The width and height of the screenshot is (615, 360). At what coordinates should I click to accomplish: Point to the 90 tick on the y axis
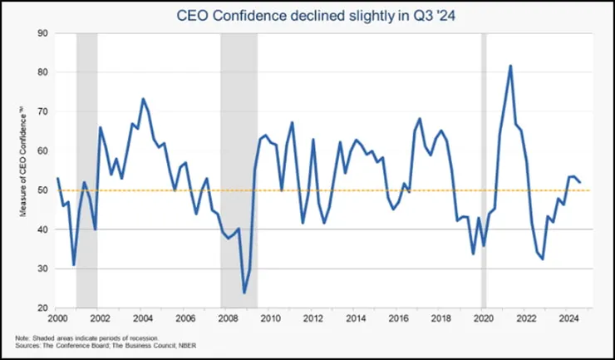click(x=42, y=33)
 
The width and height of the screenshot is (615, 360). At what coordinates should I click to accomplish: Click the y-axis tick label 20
click(x=42, y=308)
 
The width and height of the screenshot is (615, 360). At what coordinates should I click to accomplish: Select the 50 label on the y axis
click(x=42, y=190)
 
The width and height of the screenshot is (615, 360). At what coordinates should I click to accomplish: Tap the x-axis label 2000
click(x=57, y=319)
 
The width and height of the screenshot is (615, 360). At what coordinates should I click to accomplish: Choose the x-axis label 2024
click(x=568, y=319)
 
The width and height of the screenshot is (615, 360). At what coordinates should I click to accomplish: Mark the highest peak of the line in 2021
click(x=510, y=66)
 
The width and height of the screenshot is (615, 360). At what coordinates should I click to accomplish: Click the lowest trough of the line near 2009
click(x=244, y=293)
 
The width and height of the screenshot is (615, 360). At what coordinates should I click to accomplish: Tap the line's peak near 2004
click(x=143, y=99)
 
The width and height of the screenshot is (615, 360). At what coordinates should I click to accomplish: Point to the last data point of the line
click(x=580, y=182)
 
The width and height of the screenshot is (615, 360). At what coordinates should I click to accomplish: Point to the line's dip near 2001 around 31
click(x=74, y=265)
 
